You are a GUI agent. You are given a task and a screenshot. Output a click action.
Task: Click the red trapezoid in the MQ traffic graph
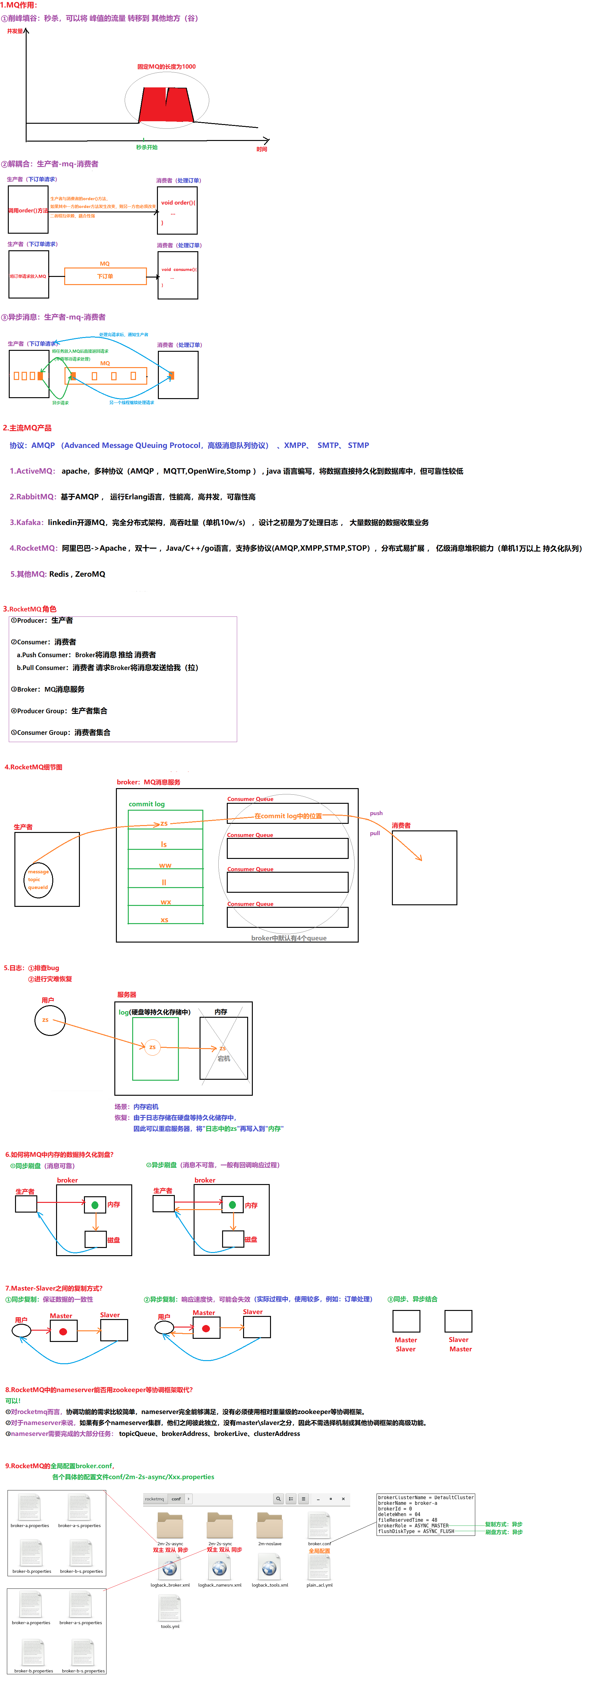coord(167,105)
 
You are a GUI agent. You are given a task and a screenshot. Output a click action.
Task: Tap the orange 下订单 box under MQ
coord(105,277)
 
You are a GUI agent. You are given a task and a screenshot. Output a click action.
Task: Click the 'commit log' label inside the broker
coord(146,804)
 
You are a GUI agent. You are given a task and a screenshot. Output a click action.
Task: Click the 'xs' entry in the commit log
coord(165,920)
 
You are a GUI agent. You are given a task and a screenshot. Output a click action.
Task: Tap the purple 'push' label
coord(376,813)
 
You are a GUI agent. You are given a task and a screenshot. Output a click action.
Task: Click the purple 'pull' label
coord(375,834)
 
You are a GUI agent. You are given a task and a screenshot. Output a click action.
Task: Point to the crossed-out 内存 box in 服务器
coord(223,1048)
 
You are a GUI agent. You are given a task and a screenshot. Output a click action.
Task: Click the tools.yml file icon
coord(170,1608)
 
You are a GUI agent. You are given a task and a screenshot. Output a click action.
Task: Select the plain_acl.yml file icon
coord(320,1568)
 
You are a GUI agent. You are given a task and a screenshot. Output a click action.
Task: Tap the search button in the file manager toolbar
coord(278,1499)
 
